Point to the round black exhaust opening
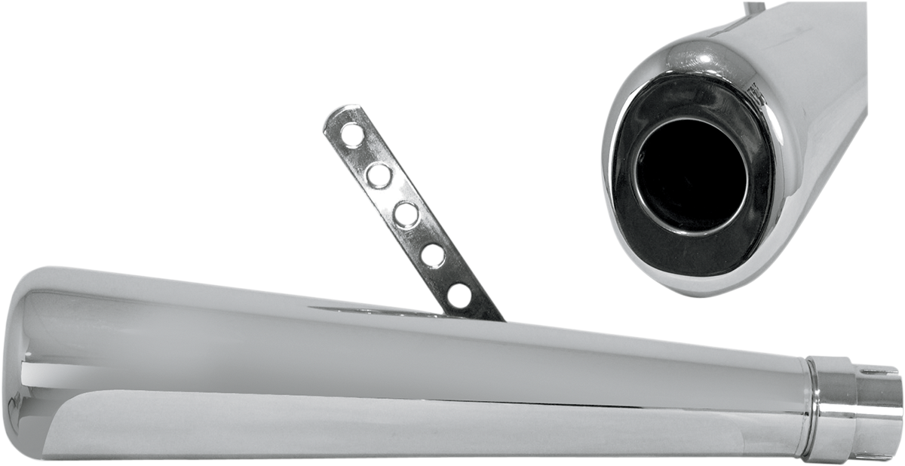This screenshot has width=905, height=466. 690,176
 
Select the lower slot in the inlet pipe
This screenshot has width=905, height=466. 876,456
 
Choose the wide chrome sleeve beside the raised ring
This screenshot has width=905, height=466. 836,411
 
